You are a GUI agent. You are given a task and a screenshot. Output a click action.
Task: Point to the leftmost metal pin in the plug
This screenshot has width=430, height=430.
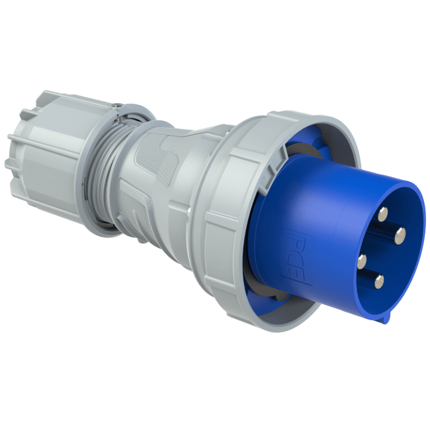coord(361,260)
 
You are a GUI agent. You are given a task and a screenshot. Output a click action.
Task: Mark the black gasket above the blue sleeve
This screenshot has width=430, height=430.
coord(281,155)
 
